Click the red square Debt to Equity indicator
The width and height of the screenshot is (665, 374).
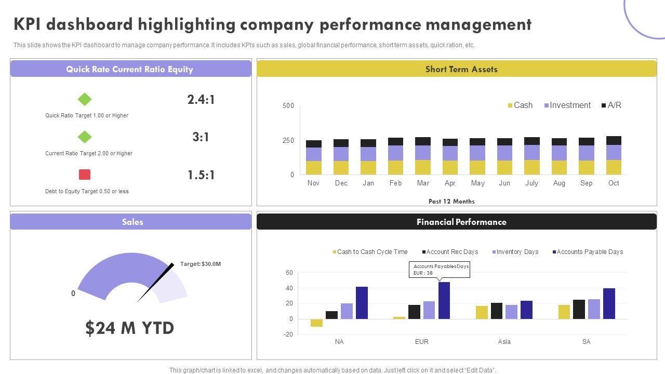coord(85,175)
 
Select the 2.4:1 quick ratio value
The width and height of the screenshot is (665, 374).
coord(201,99)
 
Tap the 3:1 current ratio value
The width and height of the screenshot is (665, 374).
coord(201,137)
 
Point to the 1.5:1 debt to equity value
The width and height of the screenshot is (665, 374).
coord(201,175)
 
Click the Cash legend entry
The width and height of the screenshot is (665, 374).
coord(520,105)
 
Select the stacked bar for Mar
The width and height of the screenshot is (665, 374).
coord(423,156)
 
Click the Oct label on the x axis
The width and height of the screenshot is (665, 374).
coord(614,183)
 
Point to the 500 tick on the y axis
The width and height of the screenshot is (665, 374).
coord(288,106)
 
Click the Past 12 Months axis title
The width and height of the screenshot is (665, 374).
coord(451,202)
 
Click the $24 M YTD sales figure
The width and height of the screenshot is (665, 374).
coord(130,328)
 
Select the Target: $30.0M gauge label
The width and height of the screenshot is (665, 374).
coord(201,264)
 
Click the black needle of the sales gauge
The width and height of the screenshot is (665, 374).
coord(156,283)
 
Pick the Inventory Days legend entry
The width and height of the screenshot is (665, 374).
coord(515,252)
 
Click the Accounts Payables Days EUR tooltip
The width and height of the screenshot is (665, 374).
coord(440,270)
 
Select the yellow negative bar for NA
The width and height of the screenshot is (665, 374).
coord(316,323)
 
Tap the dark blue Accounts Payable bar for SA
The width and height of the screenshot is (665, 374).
coord(609,303)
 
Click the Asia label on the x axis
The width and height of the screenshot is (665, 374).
coord(504,342)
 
